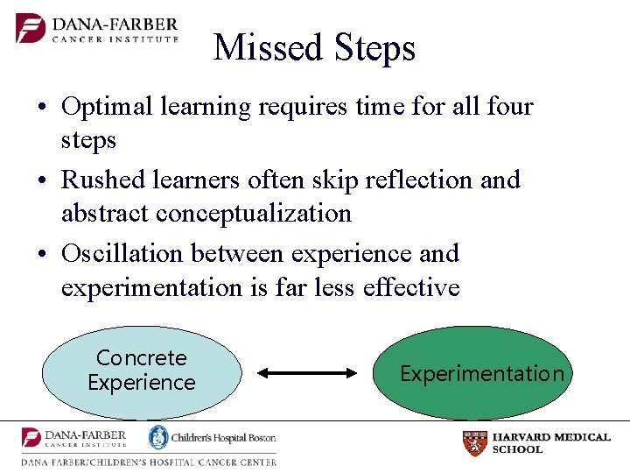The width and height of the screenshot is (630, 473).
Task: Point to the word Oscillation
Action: click(x=122, y=254)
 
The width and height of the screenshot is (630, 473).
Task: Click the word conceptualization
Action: click(x=253, y=214)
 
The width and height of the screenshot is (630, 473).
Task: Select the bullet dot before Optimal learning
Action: click(x=43, y=109)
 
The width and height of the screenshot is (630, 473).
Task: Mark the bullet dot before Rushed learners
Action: click(x=43, y=181)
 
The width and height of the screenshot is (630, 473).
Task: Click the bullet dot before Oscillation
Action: click(x=43, y=255)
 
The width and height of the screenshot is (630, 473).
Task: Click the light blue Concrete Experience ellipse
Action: click(x=141, y=371)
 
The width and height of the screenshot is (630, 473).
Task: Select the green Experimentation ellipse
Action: click(x=481, y=374)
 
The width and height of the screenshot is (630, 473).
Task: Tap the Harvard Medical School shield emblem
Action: click(x=474, y=443)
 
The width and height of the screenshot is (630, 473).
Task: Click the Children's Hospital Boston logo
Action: click(x=212, y=437)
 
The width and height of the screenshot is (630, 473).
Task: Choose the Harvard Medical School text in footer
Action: click(x=551, y=443)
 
